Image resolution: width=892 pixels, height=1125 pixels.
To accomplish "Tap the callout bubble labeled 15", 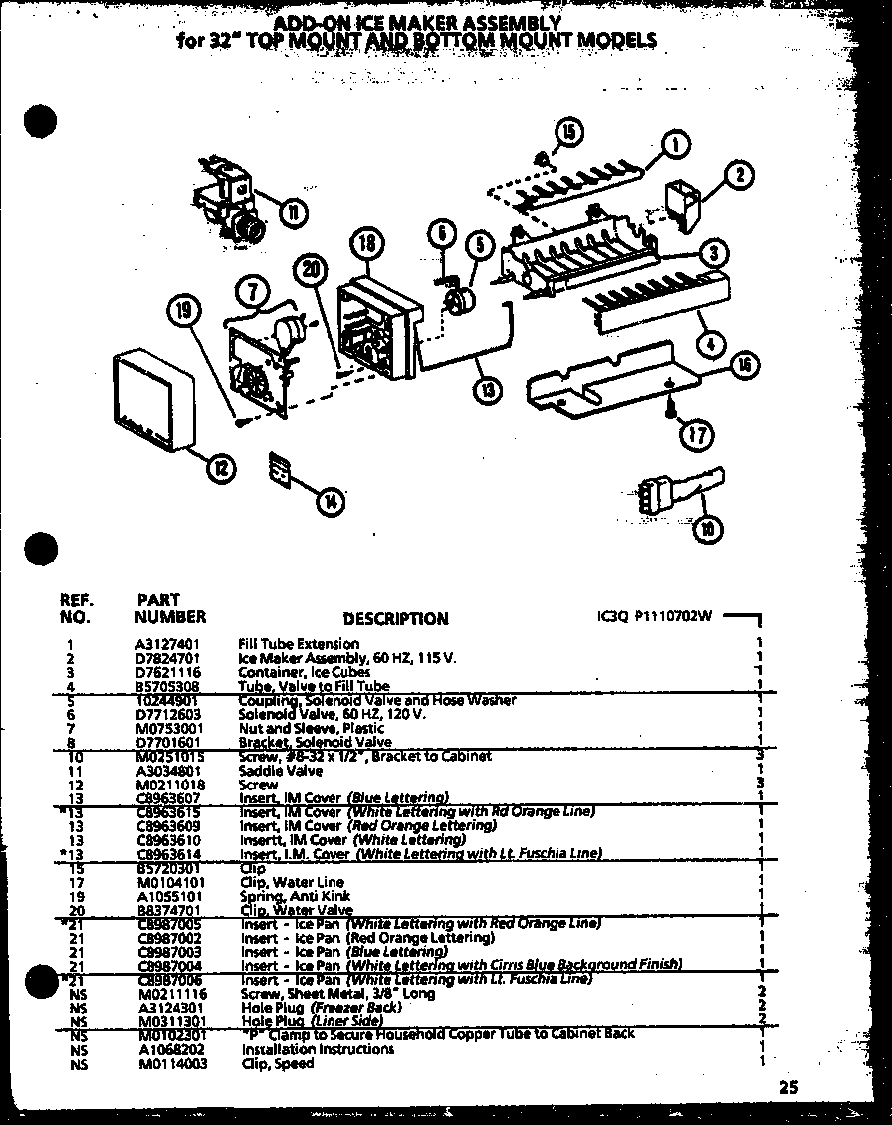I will [x=566, y=133].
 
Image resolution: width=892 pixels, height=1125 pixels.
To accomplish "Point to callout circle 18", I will [x=366, y=244].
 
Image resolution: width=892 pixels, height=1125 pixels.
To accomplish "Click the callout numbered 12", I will [x=220, y=465].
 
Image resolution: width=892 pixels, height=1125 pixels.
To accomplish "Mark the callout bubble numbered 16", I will [x=744, y=364].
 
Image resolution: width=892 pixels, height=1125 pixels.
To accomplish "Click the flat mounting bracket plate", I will [x=607, y=379].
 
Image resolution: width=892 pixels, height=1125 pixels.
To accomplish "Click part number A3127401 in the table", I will [x=167, y=644].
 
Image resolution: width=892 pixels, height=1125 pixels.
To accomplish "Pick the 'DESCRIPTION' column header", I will [x=395, y=619].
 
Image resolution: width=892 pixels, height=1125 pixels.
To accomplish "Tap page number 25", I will [x=788, y=1088].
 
